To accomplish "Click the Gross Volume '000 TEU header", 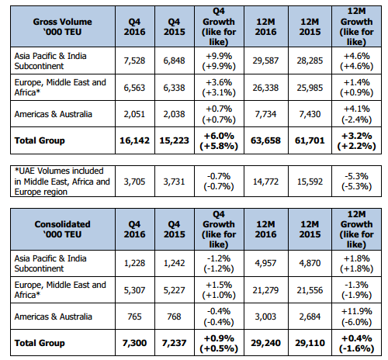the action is click(x=62, y=26).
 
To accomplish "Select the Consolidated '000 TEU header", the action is click(x=62, y=229).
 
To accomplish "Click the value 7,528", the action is click(x=134, y=61).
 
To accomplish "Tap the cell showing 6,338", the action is click(x=174, y=88).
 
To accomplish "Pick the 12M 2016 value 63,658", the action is click(x=265, y=140).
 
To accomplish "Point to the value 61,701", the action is click(x=310, y=140).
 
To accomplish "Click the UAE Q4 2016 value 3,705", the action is click(x=134, y=182).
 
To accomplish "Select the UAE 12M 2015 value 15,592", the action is click(x=310, y=182).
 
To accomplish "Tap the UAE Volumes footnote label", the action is click(x=62, y=182).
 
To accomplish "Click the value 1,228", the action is click(x=134, y=263).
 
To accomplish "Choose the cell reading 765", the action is click(x=134, y=317).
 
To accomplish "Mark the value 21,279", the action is click(x=265, y=290).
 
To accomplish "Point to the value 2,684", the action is click(x=310, y=317).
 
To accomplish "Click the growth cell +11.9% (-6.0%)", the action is click(x=356, y=317).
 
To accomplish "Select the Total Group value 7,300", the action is click(x=134, y=343).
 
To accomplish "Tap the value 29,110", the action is click(x=310, y=343).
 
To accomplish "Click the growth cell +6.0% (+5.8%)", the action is click(x=219, y=140).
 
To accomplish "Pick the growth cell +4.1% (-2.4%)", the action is click(x=356, y=114).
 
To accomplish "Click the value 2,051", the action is click(x=134, y=114).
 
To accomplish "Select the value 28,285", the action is click(x=310, y=61).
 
